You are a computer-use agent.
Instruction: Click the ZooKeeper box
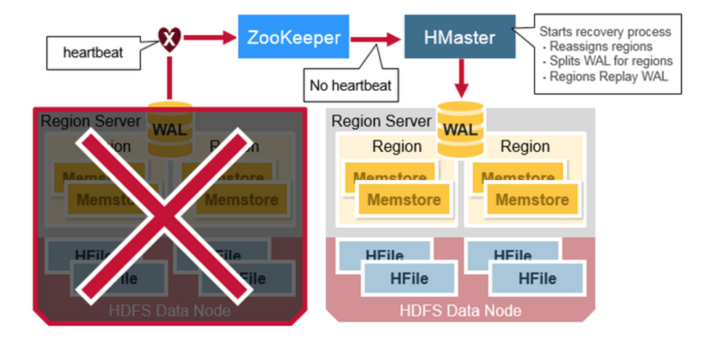coord(293,37)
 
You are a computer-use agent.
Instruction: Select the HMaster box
coord(460,37)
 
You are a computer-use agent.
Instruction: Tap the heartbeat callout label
coord(93,52)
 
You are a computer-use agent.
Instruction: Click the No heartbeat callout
coord(350,85)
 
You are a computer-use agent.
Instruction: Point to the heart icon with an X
coord(170,39)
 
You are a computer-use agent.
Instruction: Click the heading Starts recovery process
coord(604,31)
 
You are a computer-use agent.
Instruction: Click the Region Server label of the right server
coord(381,121)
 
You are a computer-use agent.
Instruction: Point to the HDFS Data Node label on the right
coord(460,310)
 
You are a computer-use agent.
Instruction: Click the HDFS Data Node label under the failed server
coord(170,310)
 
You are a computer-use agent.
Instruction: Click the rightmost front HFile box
coord(537,279)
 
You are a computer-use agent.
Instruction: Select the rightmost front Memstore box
coord(532,200)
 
